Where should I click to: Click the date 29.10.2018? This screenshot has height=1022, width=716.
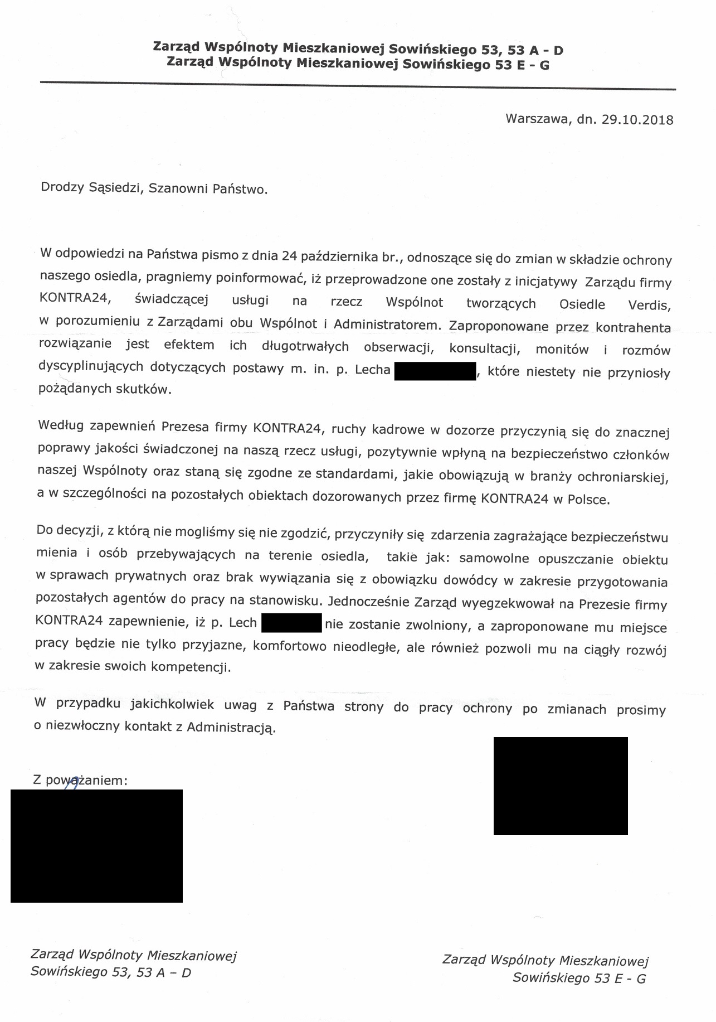pos(637,120)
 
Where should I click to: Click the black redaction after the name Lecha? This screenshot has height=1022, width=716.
pos(435,371)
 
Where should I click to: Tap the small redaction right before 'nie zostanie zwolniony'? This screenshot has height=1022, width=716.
pos(291,623)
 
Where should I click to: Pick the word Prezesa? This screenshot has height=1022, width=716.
pos(184,428)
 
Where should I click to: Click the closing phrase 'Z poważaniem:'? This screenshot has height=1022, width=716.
pos(80,781)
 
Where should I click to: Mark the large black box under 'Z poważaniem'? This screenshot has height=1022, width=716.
pos(96,845)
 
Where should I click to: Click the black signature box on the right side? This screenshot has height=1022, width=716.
pos(561,786)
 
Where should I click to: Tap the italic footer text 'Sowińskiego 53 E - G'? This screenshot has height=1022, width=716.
pos(579,978)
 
